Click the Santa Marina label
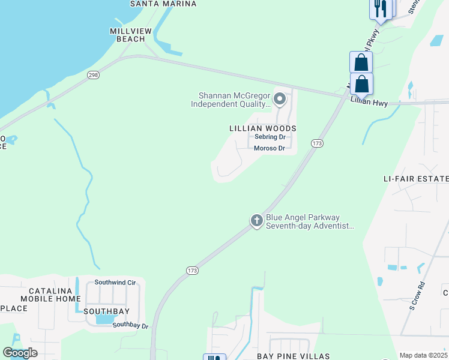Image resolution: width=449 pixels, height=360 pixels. point(163,4)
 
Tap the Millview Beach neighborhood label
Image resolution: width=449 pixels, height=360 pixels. point(127,35)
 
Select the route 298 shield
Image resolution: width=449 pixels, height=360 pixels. point(93,74)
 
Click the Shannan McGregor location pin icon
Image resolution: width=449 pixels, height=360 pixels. point(279,98)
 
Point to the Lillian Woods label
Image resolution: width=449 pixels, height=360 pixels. point(263,128)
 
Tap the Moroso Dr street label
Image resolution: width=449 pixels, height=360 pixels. point(269,148)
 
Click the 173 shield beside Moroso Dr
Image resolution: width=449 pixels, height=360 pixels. point(318,143)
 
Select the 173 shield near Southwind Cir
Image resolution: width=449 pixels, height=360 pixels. point(192,271)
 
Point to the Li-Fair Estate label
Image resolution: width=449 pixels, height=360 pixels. point(416,179)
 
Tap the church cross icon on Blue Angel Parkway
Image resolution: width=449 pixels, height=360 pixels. point(256,221)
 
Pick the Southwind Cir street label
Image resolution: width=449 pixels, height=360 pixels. point(115,282)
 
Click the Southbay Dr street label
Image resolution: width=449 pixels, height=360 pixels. point(130,325)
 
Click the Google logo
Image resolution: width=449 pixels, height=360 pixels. point(20,353)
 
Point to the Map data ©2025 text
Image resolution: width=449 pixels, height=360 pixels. point(423,355)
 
